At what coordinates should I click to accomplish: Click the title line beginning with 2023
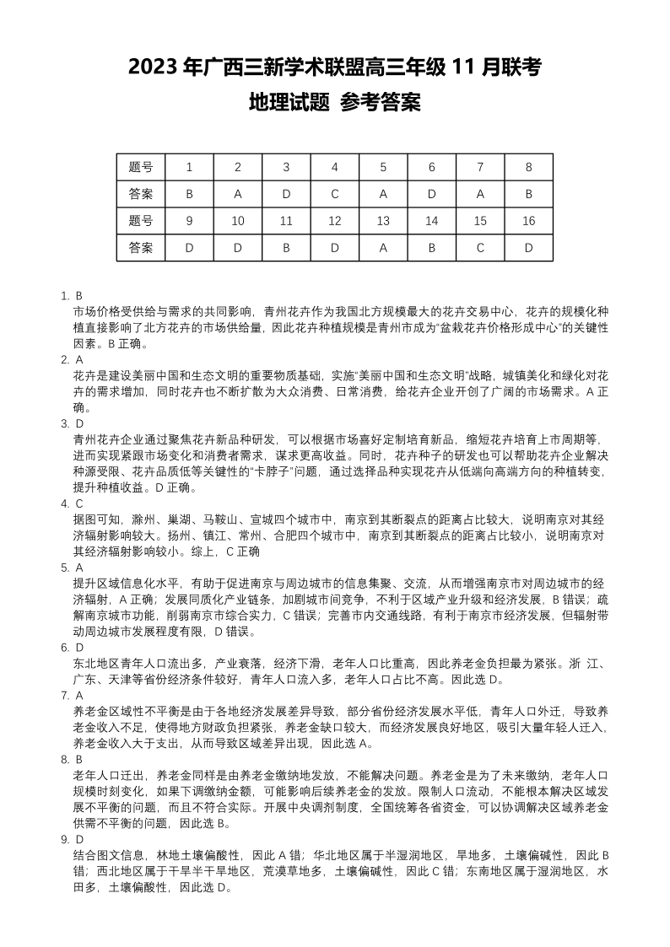pyautogui.click(x=335, y=67)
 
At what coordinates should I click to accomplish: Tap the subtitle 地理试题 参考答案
pyautogui.click(x=335, y=103)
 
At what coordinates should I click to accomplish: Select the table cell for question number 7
pyautogui.click(x=480, y=167)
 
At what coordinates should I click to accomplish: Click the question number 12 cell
pyautogui.click(x=335, y=221)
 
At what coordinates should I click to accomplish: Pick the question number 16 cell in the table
pyautogui.click(x=529, y=221)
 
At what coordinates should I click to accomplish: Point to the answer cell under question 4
pyautogui.click(x=335, y=194)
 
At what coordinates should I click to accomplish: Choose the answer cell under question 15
pyautogui.click(x=480, y=248)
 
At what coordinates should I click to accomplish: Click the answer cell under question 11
pyautogui.click(x=286, y=248)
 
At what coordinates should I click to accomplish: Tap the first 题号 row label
pyautogui.click(x=141, y=167)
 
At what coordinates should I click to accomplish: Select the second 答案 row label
pyautogui.click(x=141, y=248)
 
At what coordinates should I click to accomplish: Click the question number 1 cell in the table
pyautogui.click(x=189, y=167)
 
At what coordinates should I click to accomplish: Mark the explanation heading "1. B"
pyautogui.click(x=72, y=296)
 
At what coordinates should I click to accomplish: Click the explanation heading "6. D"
pyautogui.click(x=72, y=648)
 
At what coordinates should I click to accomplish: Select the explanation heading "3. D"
pyautogui.click(x=72, y=423)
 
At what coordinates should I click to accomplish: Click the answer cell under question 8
pyautogui.click(x=529, y=194)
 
